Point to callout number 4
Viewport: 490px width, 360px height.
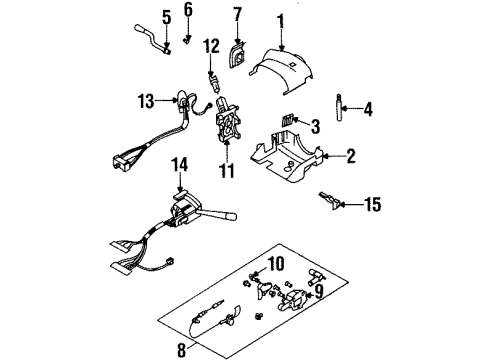[x=368, y=109]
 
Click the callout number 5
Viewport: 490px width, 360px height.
[x=166, y=18]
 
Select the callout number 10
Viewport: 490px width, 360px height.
[x=276, y=263]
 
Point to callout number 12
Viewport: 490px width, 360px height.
[x=211, y=45]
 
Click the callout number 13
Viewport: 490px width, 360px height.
[x=147, y=98]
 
